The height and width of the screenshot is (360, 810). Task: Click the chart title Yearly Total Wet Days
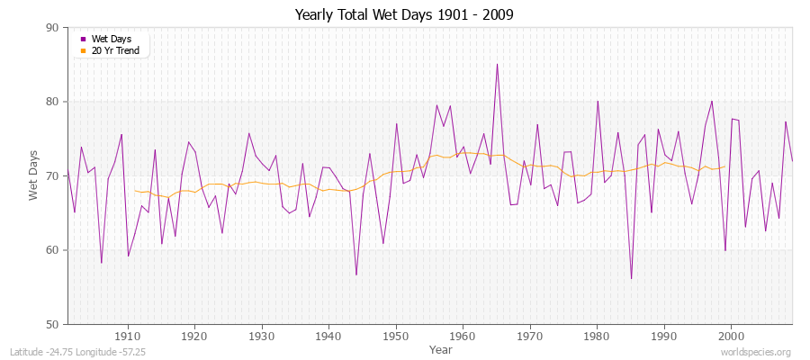(405, 15)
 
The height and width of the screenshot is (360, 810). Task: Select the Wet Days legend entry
(112, 39)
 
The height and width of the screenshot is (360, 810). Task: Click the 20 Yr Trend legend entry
(115, 50)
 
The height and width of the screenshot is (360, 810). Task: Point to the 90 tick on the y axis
(52, 28)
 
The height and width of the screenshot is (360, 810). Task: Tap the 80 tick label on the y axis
(52, 102)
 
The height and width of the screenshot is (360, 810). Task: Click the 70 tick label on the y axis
(52, 175)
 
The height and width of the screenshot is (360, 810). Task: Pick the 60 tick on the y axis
(52, 250)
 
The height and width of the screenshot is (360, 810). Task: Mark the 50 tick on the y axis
(52, 324)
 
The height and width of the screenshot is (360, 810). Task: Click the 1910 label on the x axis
(128, 336)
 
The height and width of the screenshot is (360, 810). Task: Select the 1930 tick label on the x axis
(261, 336)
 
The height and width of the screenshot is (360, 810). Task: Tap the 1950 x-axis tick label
(395, 336)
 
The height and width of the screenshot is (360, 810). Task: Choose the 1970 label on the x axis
(529, 336)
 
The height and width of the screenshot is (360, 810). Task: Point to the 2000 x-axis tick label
(730, 336)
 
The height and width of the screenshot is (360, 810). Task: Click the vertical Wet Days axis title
(34, 175)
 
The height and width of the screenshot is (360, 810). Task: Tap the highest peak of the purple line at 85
(497, 64)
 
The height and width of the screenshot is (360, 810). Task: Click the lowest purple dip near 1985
(631, 278)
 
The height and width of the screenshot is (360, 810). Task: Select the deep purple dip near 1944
(356, 274)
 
